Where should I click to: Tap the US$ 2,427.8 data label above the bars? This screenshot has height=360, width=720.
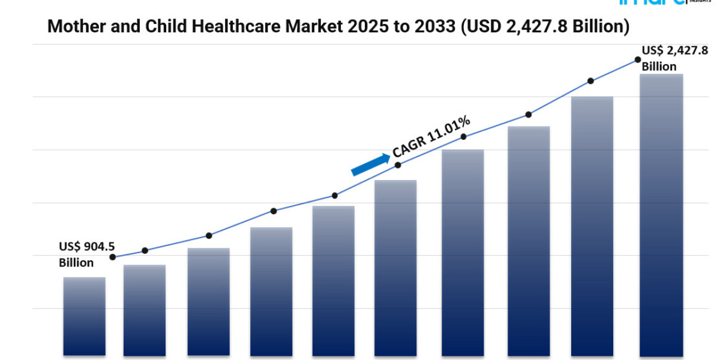674,51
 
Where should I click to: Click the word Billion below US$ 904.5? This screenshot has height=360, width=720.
76,263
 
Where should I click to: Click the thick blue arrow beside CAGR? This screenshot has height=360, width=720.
370,164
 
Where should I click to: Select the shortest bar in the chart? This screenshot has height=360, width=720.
84,316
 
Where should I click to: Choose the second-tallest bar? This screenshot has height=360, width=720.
592,226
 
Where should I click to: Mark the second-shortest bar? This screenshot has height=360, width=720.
145,310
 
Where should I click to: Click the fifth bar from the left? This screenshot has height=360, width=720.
333,281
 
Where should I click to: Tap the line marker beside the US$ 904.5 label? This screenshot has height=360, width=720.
113,257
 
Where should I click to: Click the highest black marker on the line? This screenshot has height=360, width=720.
637,59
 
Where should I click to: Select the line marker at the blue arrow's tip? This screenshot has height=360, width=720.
398,164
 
